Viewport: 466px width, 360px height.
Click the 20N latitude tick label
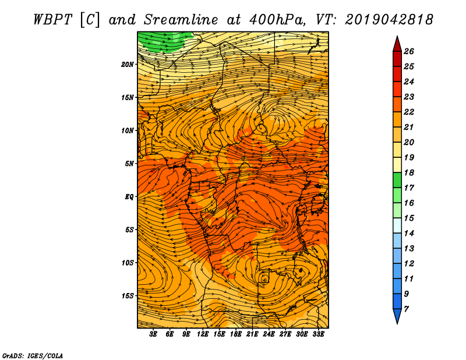click(127, 65)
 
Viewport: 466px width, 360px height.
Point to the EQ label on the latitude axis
click(129, 197)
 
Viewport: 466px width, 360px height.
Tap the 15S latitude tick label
click(128, 296)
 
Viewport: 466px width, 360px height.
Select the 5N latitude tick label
click(129, 164)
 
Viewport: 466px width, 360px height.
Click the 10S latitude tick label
click(128, 263)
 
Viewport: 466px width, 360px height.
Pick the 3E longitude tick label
click(153, 334)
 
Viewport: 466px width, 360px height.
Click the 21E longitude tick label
click(252, 334)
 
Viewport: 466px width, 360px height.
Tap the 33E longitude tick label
click(318, 334)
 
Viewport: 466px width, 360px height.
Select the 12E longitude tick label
click(202, 334)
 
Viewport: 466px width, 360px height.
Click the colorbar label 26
click(409, 51)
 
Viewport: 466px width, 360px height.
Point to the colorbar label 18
click(409, 172)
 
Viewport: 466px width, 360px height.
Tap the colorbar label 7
click(406, 309)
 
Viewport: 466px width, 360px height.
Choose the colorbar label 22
click(409, 112)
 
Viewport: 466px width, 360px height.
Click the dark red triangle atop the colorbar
click(397, 44)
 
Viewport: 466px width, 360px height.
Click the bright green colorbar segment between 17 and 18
click(397, 180)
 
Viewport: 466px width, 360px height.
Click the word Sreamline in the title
click(181, 20)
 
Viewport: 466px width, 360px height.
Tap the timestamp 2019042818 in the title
click(389, 20)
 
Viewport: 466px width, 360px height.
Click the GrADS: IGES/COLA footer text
click(33, 356)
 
